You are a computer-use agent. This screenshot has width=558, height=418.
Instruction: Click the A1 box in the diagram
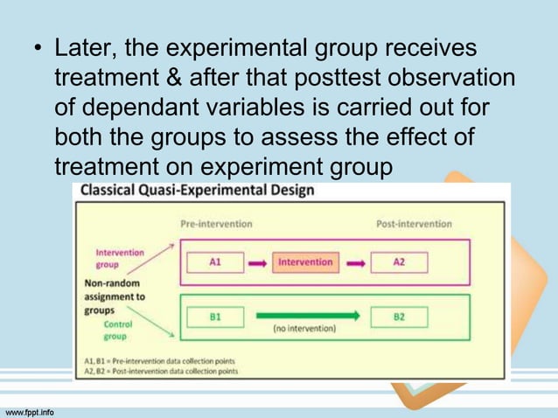[214, 261]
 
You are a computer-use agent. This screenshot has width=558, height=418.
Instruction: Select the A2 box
[399, 261]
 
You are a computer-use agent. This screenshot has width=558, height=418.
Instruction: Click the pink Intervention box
[305, 261]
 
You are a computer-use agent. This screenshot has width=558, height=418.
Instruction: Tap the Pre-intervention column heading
[216, 224]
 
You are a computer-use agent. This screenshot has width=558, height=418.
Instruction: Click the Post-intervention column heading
[414, 224]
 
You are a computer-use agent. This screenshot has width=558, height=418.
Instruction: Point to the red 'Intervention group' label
[120, 258]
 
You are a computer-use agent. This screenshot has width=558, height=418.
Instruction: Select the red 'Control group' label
[118, 329]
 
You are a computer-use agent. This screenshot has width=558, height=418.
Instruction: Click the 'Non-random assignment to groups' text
[114, 296]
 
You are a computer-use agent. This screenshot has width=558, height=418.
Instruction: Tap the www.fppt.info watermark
[30, 410]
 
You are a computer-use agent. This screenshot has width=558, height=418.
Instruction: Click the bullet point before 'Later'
[38, 47]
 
